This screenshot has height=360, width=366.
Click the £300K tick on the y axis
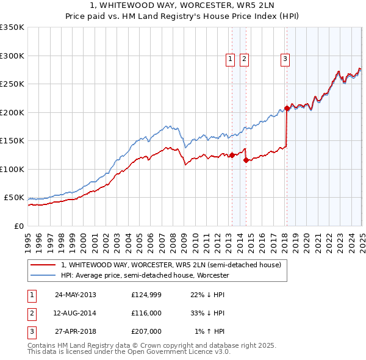[x=12, y=56]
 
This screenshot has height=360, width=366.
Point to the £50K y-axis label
[x=14, y=198]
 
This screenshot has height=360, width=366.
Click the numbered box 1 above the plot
[x=230, y=59]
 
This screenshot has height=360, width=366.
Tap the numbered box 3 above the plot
[x=285, y=59]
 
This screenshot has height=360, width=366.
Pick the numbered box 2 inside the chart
[x=243, y=59]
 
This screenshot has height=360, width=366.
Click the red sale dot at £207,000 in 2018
[x=287, y=109]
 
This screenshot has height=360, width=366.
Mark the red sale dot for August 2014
[x=246, y=160]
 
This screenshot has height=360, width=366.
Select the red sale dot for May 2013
[x=232, y=155]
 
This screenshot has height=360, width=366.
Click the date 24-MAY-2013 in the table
[x=76, y=295]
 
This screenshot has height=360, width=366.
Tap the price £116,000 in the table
[x=146, y=313]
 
